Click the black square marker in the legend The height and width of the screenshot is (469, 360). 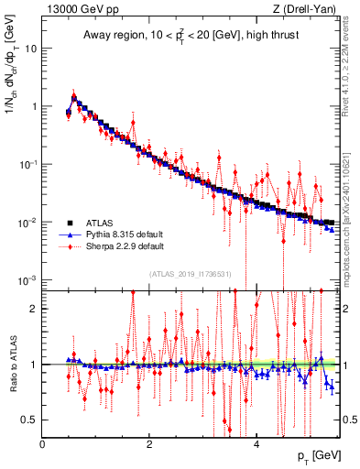69,222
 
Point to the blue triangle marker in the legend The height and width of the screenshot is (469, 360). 69,234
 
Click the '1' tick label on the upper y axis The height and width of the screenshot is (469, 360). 34,106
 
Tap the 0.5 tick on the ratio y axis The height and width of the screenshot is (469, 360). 29,420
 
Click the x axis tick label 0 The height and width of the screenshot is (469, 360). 43,444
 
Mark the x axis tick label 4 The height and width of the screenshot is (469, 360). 256,444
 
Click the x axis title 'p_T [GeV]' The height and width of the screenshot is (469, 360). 316,456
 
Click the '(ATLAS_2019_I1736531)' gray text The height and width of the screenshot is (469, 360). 190,273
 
